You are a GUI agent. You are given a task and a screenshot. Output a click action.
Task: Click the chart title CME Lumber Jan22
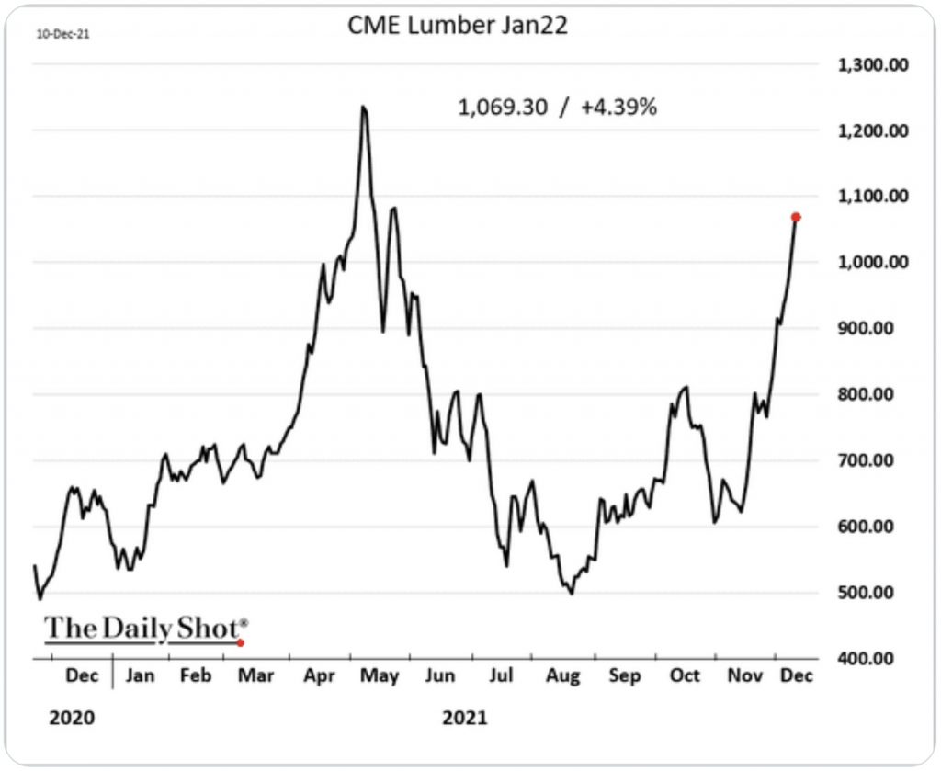click(x=457, y=26)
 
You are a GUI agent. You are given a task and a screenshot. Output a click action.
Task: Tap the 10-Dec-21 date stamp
click(x=56, y=35)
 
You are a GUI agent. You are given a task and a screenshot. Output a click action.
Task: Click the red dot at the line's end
click(x=796, y=217)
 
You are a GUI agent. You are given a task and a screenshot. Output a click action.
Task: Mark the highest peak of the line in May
click(x=364, y=108)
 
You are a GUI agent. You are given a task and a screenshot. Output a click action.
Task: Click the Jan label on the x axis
click(x=139, y=675)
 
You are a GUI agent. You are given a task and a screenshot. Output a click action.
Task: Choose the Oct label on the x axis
click(x=684, y=675)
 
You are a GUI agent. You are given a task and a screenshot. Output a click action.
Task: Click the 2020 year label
click(x=71, y=717)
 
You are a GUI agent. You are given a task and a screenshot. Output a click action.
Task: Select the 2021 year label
click(x=465, y=717)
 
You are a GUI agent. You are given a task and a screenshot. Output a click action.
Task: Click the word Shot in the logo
click(x=208, y=629)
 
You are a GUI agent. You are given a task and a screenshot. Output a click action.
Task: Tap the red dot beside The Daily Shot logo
click(x=241, y=642)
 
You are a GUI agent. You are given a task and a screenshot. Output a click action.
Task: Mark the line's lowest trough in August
click(x=572, y=594)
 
